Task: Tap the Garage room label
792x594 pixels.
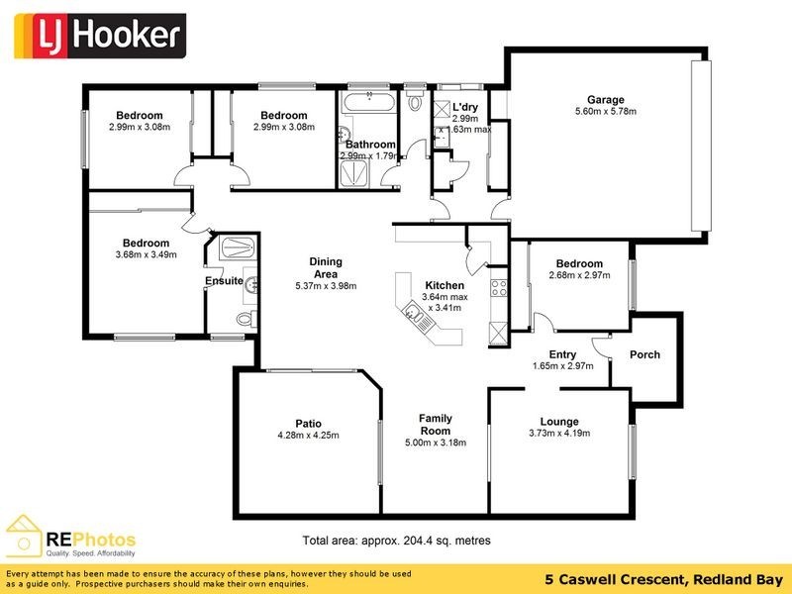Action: click(605, 100)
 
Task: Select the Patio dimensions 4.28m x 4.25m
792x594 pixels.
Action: click(308, 435)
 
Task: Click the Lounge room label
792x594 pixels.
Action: click(559, 421)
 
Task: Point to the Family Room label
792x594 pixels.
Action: click(436, 425)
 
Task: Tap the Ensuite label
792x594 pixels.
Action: click(224, 281)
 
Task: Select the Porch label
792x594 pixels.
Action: click(644, 354)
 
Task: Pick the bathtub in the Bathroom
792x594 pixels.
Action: click(367, 102)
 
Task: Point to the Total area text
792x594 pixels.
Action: click(396, 542)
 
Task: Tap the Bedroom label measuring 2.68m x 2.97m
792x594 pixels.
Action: click(579, 263)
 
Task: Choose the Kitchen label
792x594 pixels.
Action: click(444, 285)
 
